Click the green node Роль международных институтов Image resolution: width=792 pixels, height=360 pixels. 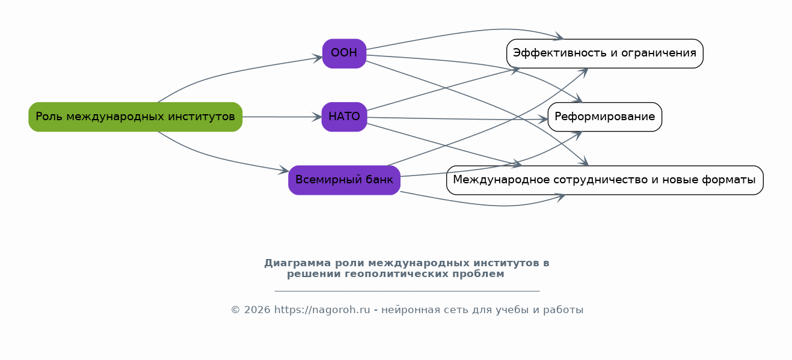[x=135, y=117]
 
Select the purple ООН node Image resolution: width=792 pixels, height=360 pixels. [x=344, y=53]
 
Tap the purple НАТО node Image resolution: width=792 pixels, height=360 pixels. [x=344, y=117]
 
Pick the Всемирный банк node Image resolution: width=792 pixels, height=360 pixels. [x=344, y=180]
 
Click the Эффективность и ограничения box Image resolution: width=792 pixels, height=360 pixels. [x=604, y=53]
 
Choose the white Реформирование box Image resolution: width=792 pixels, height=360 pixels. [x=604, y=117]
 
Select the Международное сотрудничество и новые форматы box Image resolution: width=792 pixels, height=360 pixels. [x=604, y=180]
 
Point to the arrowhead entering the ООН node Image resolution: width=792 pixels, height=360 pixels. [x=318, y=58]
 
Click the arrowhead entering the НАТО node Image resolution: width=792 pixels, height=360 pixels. [x=318, y=117]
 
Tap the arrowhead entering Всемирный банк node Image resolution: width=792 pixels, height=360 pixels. [x=284, y=171]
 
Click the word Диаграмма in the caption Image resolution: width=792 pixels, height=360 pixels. [x=298, y=263]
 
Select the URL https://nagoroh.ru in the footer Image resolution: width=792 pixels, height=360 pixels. [x=322, y=310]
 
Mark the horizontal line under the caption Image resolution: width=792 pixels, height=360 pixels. [x=407, y=291]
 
